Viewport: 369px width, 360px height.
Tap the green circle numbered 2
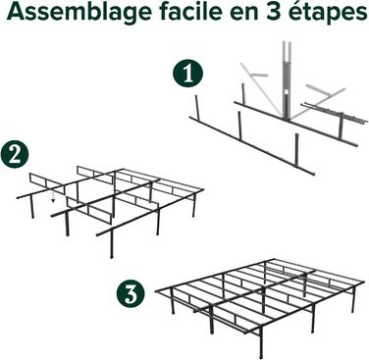coord(15,155)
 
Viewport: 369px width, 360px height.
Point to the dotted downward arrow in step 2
coord(53,197)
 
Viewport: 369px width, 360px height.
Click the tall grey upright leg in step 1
coord(286,80)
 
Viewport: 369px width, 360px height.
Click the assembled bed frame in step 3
coord(260,304)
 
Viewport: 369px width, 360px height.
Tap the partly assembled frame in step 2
coord(110,210)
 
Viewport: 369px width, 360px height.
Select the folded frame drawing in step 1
coord(277,108)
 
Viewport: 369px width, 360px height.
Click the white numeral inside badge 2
coord(15,155)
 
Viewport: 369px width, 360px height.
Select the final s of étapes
coord(360,14)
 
